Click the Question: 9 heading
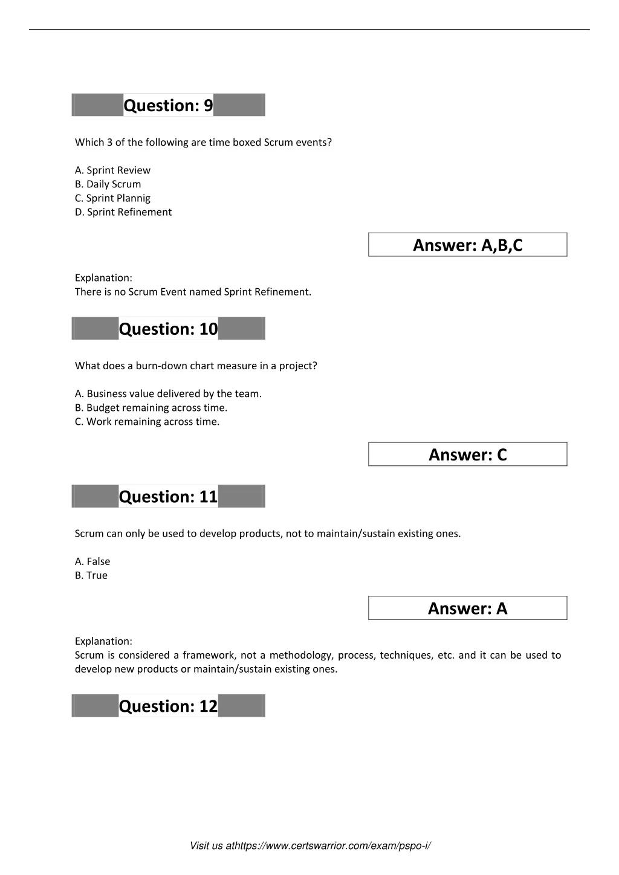(x=168, y=105)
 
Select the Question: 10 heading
(x=168, y=329)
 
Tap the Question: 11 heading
(x=168, y=497)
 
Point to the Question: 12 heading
(x=168, y=706)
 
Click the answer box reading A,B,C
(x=467, y=245)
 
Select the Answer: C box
(x=467, y=454)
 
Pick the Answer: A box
(x=467, y=608)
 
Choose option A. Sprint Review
(x=112, y=170)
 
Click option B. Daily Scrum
(x=108, y=184)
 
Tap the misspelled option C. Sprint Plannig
(x=112, y=198)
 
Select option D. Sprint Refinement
(x=123, y=212)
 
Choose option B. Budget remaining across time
(x=151, y=408)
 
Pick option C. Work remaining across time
(x=147, y=422)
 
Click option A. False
(x=92, y=561)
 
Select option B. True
(x=91, y=575)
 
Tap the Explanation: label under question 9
(x=103, y=278)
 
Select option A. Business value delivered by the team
(x=168, y=394)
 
